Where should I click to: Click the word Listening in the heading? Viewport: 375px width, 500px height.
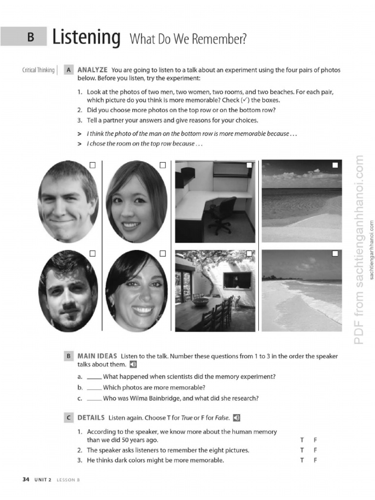(86, 38)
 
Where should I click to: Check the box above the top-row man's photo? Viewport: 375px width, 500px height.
(93, 166)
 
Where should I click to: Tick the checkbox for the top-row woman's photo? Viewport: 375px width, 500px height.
(163, 166)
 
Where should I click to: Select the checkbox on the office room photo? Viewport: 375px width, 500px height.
(250, 165)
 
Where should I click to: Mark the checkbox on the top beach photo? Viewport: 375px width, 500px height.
(335, 166)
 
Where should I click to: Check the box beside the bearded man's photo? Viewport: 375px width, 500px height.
(93, 253)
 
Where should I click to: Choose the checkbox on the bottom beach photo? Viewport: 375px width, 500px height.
(335, 253)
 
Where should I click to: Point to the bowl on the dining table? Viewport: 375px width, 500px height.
(200, 302)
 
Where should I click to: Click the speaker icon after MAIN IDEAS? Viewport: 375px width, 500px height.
(133, 364)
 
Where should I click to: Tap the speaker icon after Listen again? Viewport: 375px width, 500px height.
(237, 417)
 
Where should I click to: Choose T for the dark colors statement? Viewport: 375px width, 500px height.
(303, 460)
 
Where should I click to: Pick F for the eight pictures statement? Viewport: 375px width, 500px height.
(316, 450)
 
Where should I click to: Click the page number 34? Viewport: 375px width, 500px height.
(26, 479)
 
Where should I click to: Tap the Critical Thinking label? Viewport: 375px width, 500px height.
(39, 70)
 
